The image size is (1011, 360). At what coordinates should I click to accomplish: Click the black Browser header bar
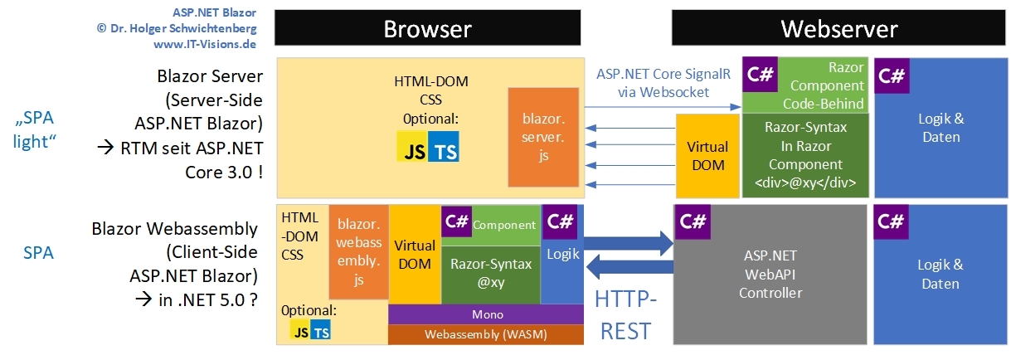tap(427, 29)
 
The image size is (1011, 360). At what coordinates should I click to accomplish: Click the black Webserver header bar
tap(838, 29)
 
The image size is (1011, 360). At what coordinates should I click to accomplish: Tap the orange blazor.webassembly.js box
tap(358, 252)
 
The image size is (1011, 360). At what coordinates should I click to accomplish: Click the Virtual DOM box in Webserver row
tap(707, 155)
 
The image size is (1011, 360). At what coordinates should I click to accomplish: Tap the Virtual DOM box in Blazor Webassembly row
tap(415, 254)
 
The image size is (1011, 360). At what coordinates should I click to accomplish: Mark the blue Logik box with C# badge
tap(563, 254)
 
